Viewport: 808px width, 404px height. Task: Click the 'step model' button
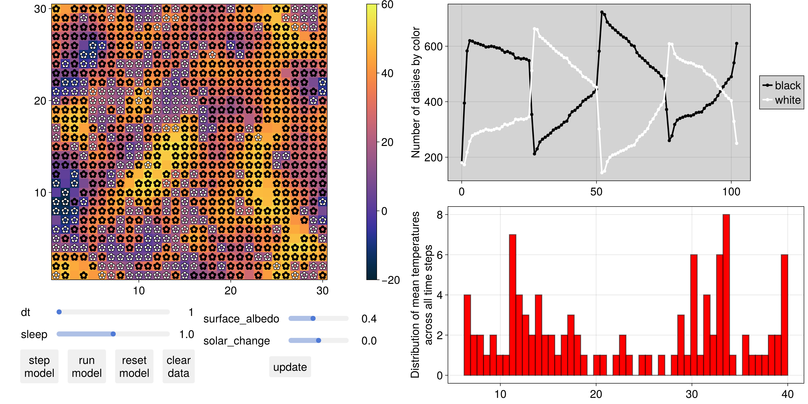(39, 366)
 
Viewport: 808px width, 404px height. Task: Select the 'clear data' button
(179, 366)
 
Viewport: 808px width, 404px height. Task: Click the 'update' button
(290, 367)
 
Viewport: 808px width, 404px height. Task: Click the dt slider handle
(59, 312)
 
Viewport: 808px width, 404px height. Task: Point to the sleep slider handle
(113, 334)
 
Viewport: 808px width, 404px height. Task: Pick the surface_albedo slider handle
(313, 319)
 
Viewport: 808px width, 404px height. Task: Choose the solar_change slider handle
(318, 341)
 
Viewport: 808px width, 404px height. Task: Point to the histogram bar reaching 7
(513, 304)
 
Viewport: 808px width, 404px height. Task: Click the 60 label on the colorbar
(387, 5)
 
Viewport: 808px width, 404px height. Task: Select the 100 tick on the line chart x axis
(731, 192)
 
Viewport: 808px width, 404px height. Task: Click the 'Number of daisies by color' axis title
(416, 92)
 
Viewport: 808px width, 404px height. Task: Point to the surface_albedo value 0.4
(369, 319)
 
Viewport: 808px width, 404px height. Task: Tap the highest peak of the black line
(602, 12)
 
